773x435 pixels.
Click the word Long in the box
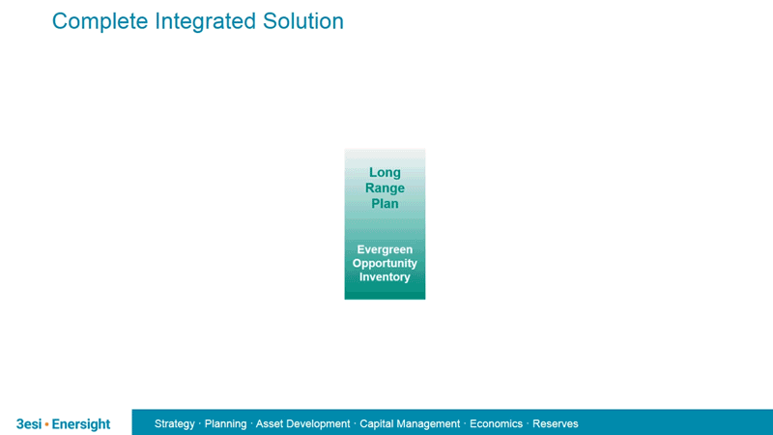(x=385, y=173)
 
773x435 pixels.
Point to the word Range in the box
(x=385, y=188)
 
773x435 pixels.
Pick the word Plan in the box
(x=385, y=204)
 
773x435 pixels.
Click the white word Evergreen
(x=385, y=249)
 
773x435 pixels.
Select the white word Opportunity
(x=385, y=263)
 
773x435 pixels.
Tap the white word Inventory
(x=385, y=277)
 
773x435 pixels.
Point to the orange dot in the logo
(x=46, y=424)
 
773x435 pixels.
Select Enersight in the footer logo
(x=81, y=424)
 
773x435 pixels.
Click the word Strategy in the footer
(x=175, y=424)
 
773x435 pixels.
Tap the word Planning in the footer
(x=225, y=424)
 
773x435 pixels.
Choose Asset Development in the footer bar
(x=302, y=424)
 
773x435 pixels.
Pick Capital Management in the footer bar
(x=410, y=424)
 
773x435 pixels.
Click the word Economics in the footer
(x=496, y=424)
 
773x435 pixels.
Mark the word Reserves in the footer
(x=556, y=424)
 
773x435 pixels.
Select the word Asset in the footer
(x=270, y=424)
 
